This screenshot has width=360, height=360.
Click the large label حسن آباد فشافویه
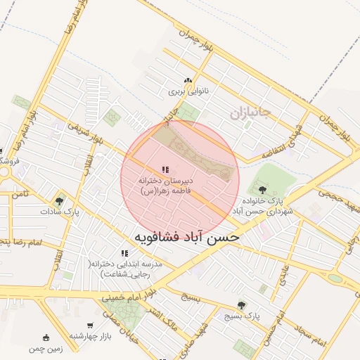[186, 237]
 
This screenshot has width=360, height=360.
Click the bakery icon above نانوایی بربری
[187, 81]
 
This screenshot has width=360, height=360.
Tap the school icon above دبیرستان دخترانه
[165, 169]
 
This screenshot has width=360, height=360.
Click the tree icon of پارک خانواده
[262, 190]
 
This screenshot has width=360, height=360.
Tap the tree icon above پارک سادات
[58, 201]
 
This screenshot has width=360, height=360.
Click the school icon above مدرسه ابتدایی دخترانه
[124, 253]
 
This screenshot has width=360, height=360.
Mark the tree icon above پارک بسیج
[242, 305]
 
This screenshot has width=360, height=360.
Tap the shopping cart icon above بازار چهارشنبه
[91, 325]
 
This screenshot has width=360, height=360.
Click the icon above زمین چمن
[46, 337]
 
